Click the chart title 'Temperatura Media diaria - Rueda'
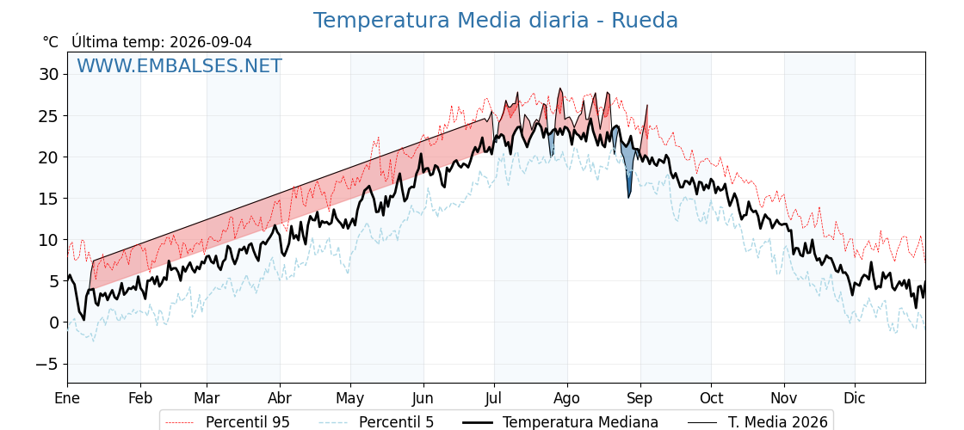[x=496, y=21]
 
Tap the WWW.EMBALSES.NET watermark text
[x=180, y=65]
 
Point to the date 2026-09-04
[x=211, y=42]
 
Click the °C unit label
[x=51, y=42]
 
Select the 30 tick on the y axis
[x=49, y=74]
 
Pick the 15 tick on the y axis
[x=49, y=199]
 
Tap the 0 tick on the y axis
[x=53, y=322]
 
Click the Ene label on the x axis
[x=68, y=398]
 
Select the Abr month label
[x=280, y=398]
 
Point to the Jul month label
[x=494, y=398]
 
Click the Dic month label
[x=855, y=398]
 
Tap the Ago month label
[x=567, y=399]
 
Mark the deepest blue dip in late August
[x=628, y=197]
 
